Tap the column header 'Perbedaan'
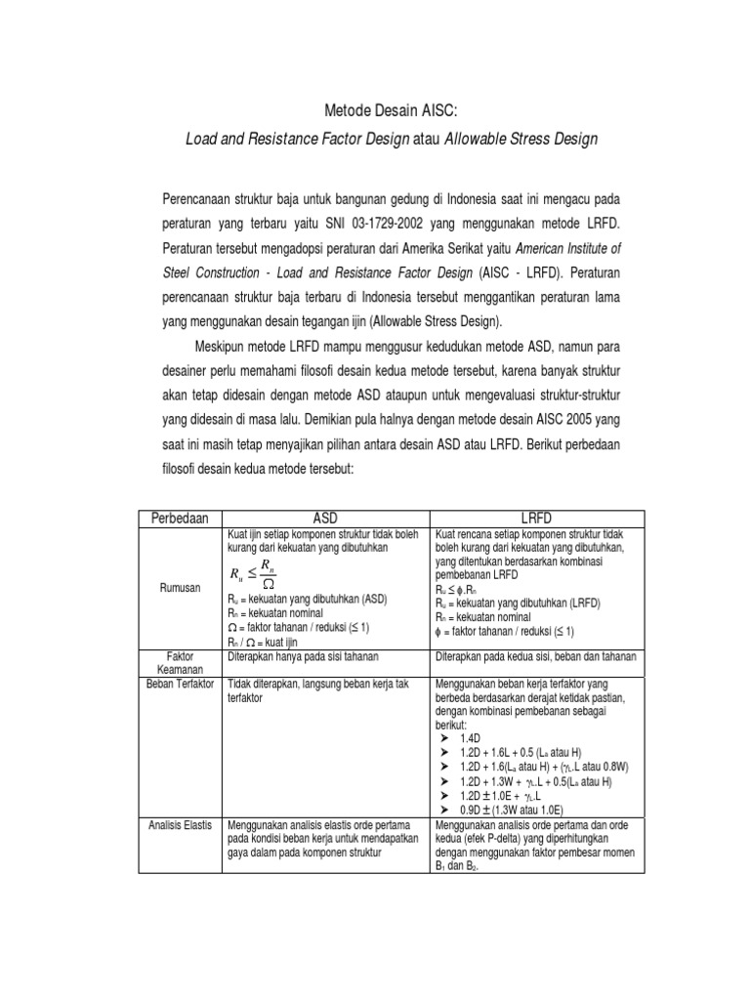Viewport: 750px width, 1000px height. coord(179,518)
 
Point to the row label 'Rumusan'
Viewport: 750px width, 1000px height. coord(179,589)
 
